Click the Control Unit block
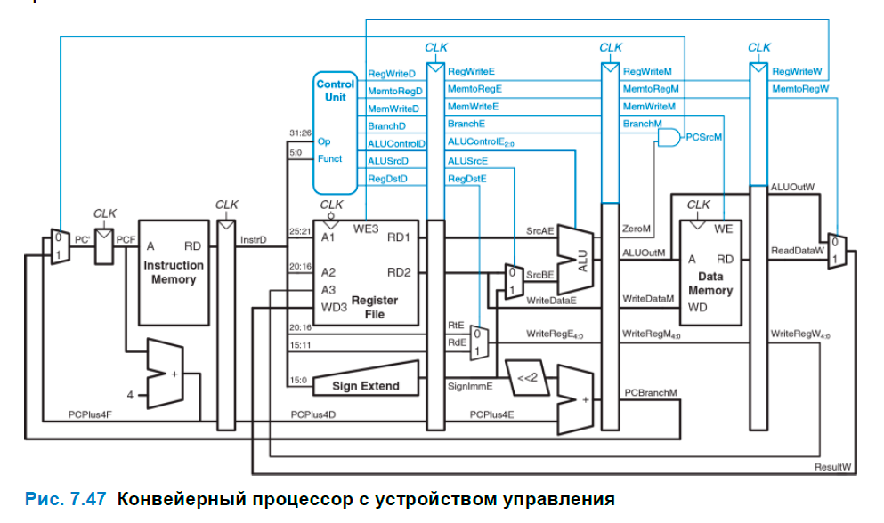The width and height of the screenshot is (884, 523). point(335,133)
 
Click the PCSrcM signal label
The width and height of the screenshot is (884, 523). point(703,137)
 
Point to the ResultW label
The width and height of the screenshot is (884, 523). point(833,466)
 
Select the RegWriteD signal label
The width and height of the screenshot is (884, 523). point(392,74)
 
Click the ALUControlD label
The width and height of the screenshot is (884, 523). point(397,143)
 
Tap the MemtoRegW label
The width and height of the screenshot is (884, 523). point(800,89)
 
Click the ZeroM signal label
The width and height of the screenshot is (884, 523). point(636,229)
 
